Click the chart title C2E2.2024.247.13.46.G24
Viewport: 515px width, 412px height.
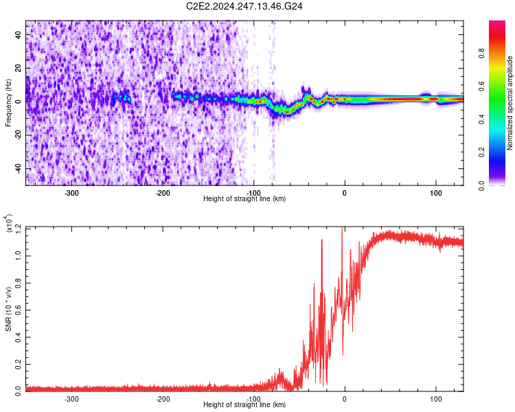(x=245, y=6)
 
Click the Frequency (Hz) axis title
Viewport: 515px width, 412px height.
(x=9, y=102)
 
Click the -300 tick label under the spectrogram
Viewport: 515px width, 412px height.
(x=72, y=192)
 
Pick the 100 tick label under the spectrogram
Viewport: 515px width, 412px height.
(x=435, y=192)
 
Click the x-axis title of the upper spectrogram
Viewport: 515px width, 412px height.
(x=244, y=198)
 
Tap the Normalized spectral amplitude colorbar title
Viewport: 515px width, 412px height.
(x=510, y=103)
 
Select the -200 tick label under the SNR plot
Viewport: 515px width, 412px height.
(x=163, y=398)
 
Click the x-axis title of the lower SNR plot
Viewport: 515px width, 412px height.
(x=244, y=404)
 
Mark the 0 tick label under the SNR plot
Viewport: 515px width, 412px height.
(x=345, y=398)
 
